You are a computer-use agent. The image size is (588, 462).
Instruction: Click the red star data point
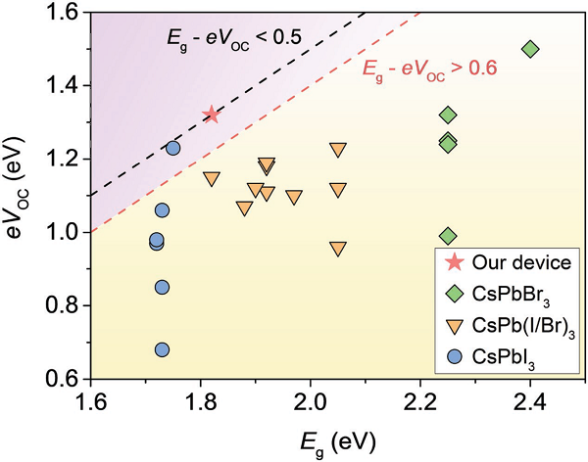click(x=211, y=115)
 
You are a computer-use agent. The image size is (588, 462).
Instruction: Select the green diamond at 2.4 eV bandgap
click(x=530, y=49)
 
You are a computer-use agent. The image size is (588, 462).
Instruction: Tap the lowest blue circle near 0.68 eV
click(x=162, y=349)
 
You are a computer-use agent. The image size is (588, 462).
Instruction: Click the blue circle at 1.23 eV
click(x=172, y=148)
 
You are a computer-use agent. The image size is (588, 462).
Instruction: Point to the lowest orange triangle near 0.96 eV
click(x=338, y=249)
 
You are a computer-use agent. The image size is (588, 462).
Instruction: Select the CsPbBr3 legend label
click(x=512, y=292)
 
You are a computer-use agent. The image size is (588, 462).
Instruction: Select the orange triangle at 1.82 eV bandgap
click(x=211, y=179)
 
